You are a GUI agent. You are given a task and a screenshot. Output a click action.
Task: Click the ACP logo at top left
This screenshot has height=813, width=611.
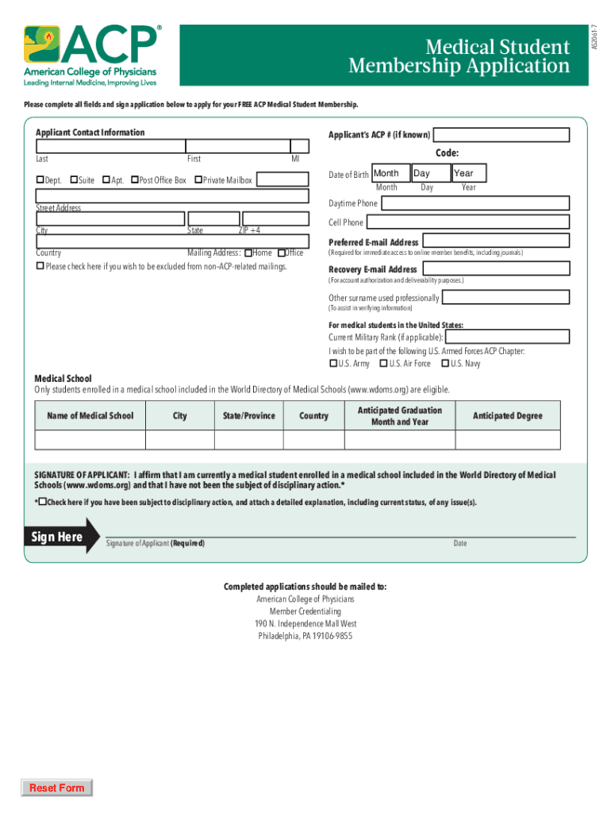pos(92,55)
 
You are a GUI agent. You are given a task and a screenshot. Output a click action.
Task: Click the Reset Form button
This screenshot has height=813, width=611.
pos(56,788)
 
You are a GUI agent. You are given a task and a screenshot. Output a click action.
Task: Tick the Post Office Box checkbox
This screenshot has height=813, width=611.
pos(135,180)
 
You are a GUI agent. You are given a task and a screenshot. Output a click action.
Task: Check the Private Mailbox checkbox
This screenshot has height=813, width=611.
pos(198,180)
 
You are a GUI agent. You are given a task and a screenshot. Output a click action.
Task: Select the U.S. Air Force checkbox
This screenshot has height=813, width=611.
pos(384,364)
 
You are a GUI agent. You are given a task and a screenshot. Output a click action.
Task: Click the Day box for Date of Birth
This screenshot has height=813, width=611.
pos(430,173)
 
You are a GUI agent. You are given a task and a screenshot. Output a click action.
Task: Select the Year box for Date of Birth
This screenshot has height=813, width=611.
pos(468,173)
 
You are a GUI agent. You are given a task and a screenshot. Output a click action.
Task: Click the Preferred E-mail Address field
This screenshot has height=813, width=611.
pos(495,241)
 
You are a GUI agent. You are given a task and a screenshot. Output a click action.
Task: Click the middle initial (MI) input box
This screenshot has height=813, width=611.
pos(299,145)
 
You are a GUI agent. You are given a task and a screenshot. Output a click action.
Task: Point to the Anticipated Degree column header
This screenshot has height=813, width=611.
pos(508,416)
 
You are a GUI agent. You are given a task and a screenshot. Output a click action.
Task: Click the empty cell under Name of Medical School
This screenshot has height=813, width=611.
pos(90,440)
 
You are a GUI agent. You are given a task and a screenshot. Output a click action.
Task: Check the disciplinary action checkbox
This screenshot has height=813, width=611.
pos(43,503)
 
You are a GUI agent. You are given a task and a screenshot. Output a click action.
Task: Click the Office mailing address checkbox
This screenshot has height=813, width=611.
pos(282,253)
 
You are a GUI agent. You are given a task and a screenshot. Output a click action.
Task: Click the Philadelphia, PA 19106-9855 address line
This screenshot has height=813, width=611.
pos(305,636)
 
